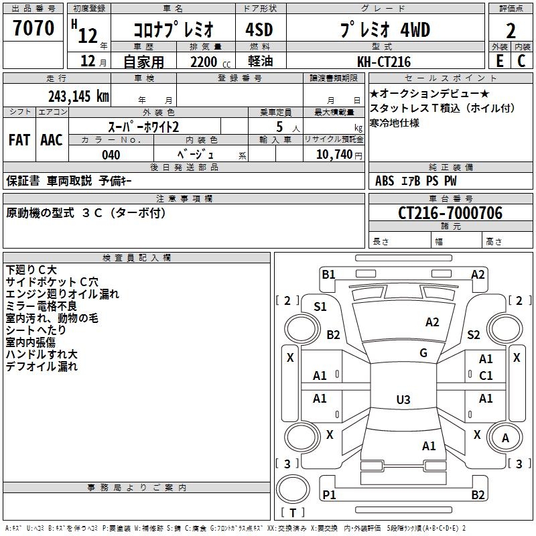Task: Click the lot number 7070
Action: [33, 28]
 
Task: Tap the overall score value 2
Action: [511, 30]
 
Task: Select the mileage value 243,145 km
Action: [78, 96]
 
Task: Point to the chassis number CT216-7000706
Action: [450, 213]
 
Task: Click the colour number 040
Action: [111, 155]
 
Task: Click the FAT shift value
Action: [19, 140]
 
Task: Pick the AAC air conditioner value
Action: [51, 140]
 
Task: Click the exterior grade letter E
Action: [499, 60]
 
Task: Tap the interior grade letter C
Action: [521, 60]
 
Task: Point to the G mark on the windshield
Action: [423, 353]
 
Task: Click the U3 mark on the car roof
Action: [403, 400]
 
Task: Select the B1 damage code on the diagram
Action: [328, 274]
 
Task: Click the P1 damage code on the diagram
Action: [328, 494]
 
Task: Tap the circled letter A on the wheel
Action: [506, 438]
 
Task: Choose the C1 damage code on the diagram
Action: [486, 375]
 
